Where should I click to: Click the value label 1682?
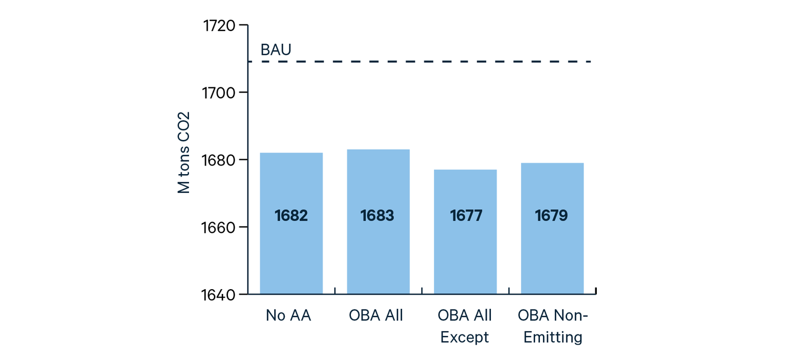pyautogui.click(x=291, y=216)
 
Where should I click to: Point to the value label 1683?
pyautogui.click(x=377, y=216)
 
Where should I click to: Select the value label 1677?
pyautogui.click(x=466, y=216)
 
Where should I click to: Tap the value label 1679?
pyautogui.click(x=552, y=216)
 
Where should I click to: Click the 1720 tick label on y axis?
pyautogui.click(x=219, y=26)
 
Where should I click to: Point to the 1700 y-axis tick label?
pyautogui.click(x=219, y=93)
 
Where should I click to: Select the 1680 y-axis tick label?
pyautogui.click(x=219, y=160)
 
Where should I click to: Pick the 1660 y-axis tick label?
pyautogui.click(x=219, y=227)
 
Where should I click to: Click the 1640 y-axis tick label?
pyautogui.click(x=219, y=294)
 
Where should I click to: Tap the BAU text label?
pyautogui.click(x=276, y=50)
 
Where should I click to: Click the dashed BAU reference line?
pyautogui.click(x=426, y=62)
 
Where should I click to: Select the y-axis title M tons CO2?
pyautogui.click(x=184, y=153)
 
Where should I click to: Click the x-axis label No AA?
pyautogui.click(x=289, y=316)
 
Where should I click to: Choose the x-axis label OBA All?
pyautogui.click(x=376, y=316)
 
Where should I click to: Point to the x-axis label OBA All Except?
pyautogui.click(x=464, y=326)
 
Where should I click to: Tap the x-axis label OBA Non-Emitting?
pyautogui.click(x=553, y=326)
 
